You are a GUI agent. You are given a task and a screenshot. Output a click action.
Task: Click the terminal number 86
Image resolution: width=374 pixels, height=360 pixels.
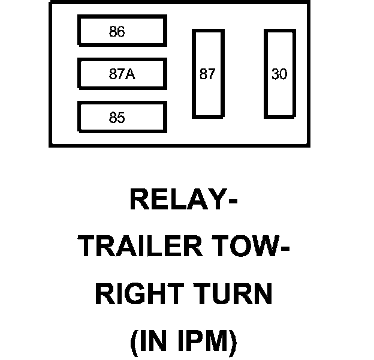click(x=117, y=32)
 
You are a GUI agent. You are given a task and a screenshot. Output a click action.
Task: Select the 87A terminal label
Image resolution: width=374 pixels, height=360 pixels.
click(x=122, y=75)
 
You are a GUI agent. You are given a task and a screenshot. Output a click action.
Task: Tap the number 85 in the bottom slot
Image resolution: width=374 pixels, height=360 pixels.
click(x=117, y=118)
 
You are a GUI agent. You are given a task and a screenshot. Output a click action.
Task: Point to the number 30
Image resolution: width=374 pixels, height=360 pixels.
click(x=279, y=75)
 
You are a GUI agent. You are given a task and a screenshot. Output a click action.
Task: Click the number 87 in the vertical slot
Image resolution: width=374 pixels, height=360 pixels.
click(x=207, y=75)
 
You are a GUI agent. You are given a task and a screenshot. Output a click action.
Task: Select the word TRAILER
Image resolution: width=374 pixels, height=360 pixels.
click(x=138, y=247)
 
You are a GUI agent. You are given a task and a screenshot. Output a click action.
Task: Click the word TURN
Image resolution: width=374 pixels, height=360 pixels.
click(x=237, y=295)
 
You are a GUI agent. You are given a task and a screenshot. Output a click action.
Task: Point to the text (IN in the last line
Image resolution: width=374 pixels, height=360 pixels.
click(x=151, y=342)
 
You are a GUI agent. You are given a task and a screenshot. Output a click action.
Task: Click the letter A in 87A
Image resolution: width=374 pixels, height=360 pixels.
click(x=130, y=75)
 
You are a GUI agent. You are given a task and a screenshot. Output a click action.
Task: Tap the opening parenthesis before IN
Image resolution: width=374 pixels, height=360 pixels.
click(x=134, y=343)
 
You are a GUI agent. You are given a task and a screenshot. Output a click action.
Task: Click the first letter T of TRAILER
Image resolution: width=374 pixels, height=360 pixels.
click(x=88, y=247)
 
